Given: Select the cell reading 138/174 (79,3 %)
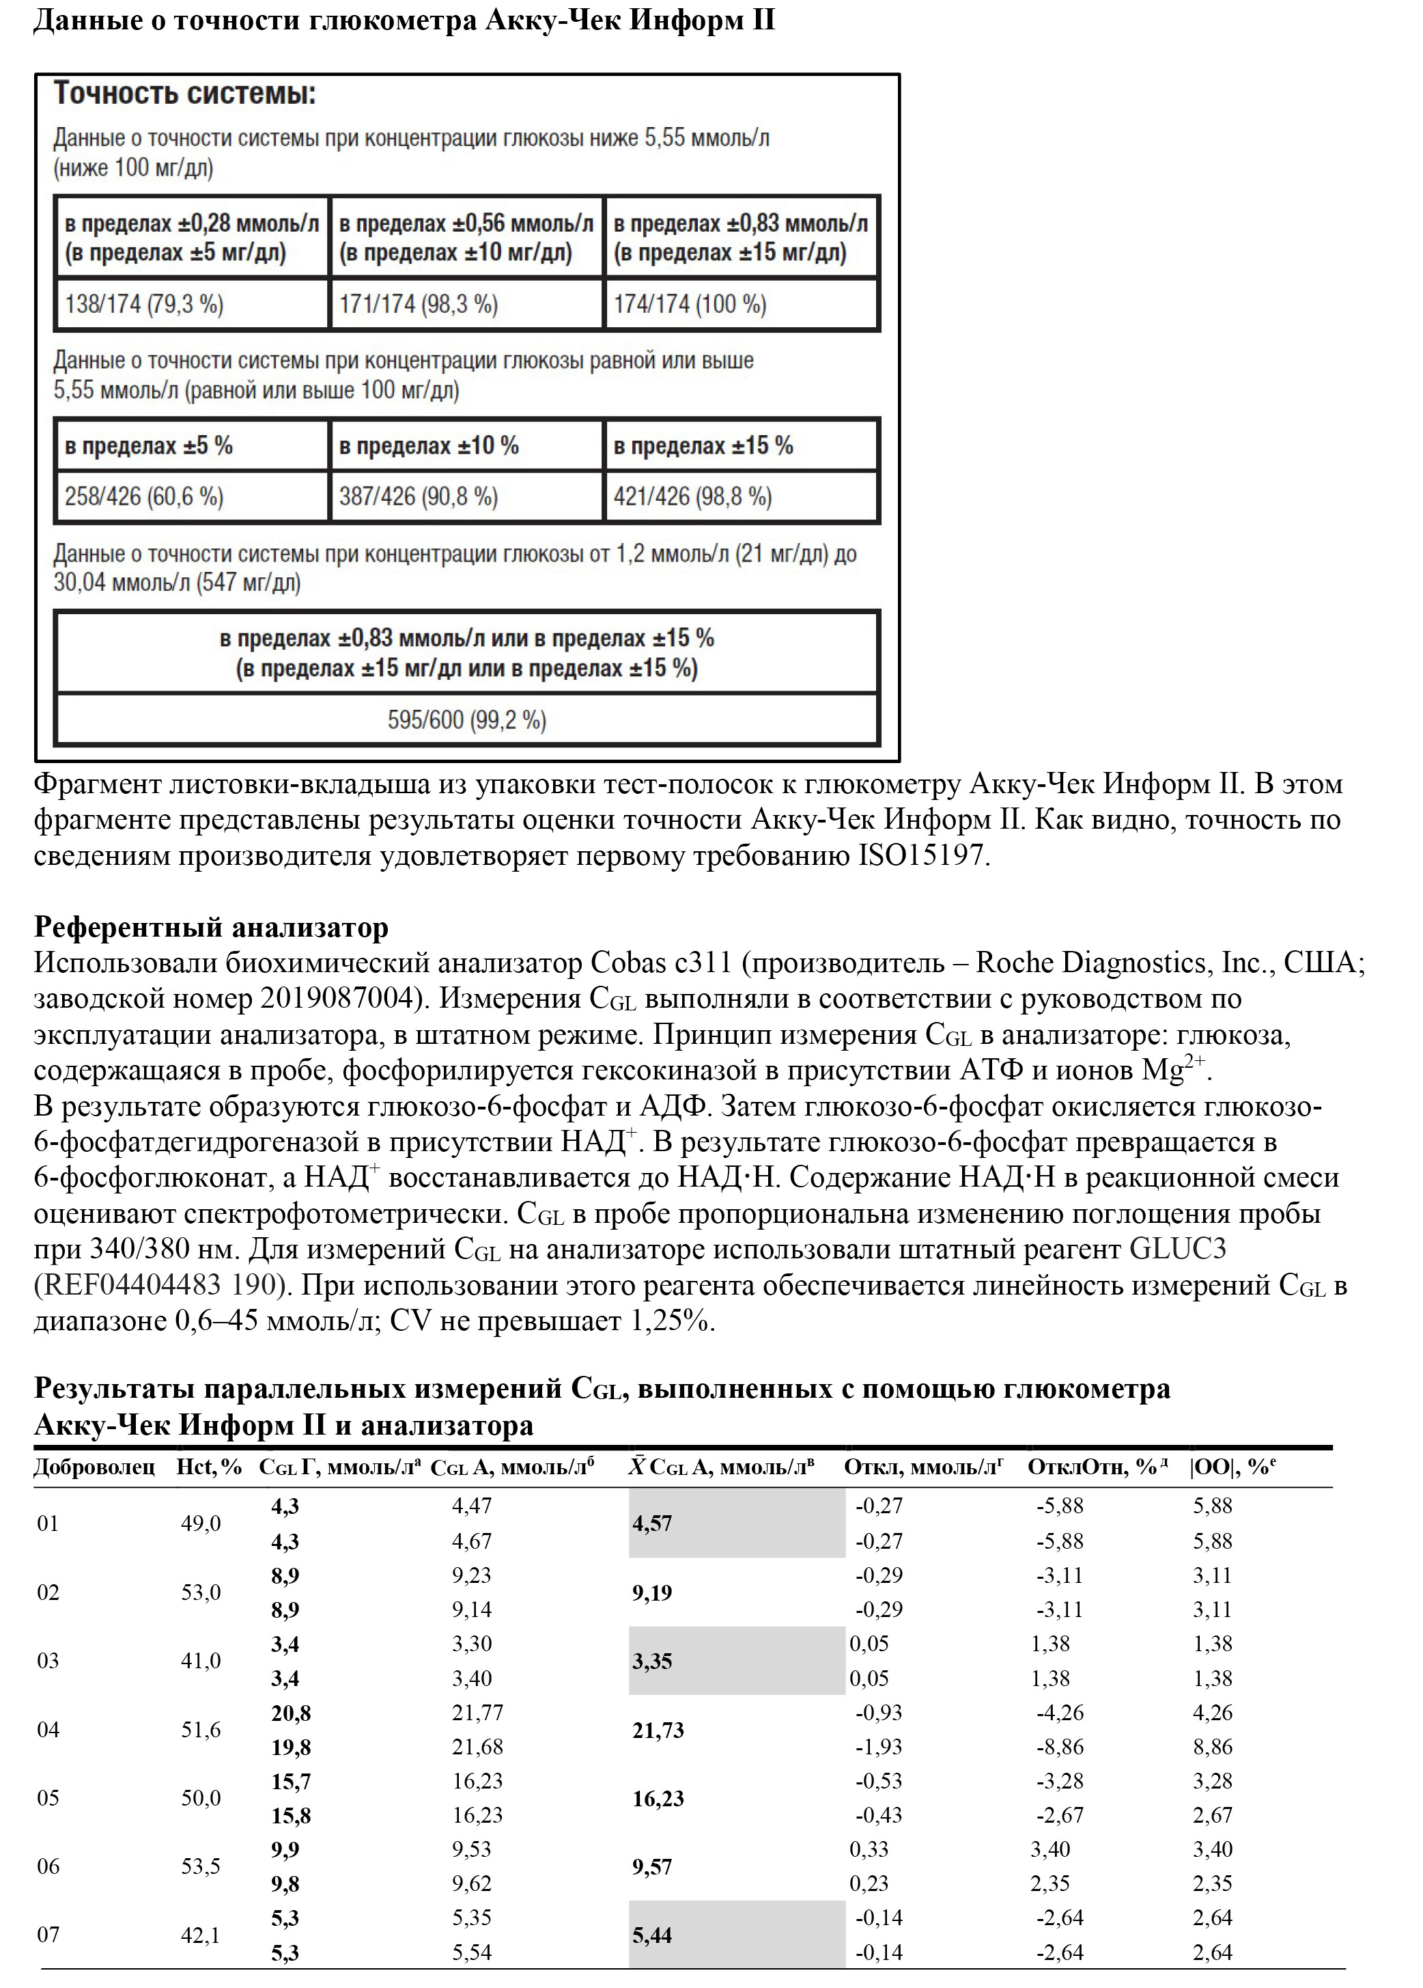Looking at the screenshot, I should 143,304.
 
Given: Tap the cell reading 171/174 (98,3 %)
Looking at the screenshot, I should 418,304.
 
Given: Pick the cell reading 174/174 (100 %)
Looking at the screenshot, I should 690,304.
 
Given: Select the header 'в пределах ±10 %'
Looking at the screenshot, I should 429,445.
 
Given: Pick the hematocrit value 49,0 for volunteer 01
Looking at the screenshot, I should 201,1524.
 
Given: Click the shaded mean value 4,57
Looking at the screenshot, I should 652,1524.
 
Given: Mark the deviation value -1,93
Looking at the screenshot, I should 879,1747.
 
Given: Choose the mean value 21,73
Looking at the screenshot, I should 658,1730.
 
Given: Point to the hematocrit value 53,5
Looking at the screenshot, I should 201,1867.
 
